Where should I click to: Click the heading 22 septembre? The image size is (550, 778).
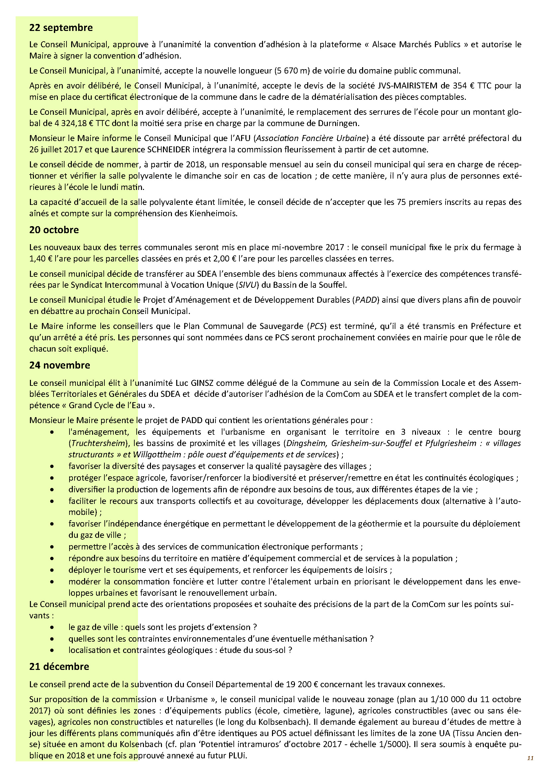[x=61, y=28]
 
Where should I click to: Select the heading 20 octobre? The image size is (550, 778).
[x=54, y=230]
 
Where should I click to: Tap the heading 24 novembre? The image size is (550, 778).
[x=60, y=365]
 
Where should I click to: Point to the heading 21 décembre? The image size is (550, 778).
[x=59, y=667]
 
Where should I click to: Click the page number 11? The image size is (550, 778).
[x=530, y=758]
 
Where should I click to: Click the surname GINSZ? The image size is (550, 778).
[x=202, y=383]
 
